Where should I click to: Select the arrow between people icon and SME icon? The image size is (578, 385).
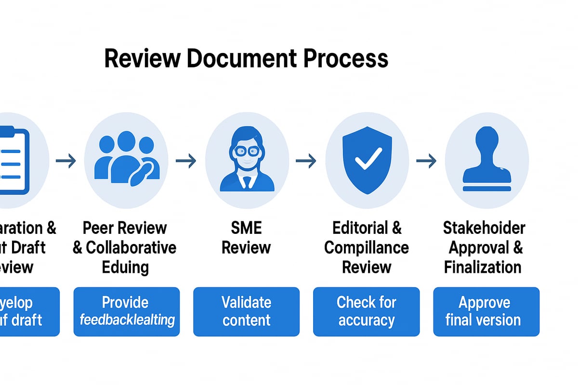click(186, 161)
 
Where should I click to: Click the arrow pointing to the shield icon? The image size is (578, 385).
click(306, 161)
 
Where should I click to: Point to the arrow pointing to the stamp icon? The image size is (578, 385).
click(426, 161)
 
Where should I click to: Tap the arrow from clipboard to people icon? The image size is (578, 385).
click(66, 161)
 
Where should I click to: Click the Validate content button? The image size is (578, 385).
click(246, 311)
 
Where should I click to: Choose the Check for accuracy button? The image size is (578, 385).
click(366, 311)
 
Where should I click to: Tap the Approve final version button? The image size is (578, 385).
click(486, 311)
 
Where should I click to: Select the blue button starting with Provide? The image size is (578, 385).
click(126, 311)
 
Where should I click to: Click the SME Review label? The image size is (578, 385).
click(247, 238)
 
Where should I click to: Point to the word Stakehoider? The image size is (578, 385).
click(484, 228)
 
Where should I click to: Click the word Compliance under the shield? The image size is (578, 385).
click(366, 248)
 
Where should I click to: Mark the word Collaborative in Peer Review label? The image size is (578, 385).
click(131, 248)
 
